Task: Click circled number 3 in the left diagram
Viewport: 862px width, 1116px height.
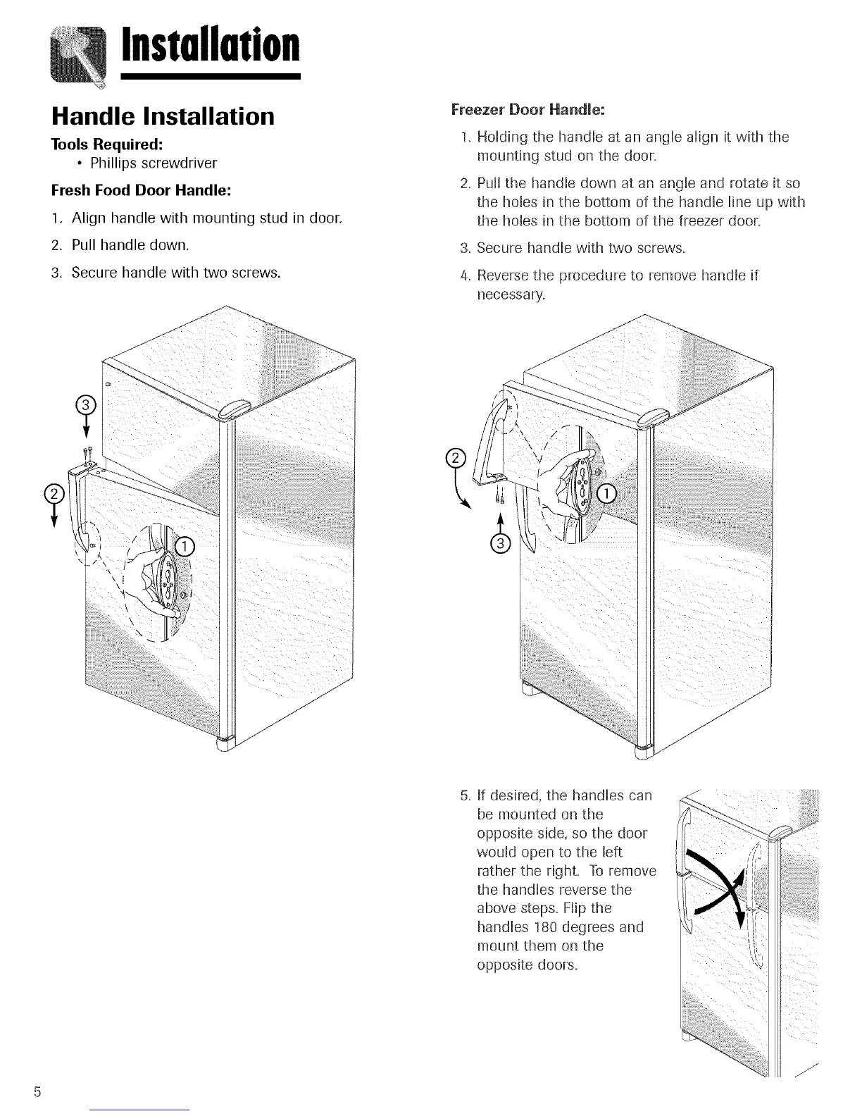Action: coord(85,405)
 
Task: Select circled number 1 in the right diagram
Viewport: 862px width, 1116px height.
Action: coord(607,493)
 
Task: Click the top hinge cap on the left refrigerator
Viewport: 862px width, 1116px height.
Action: coord(237,409)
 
